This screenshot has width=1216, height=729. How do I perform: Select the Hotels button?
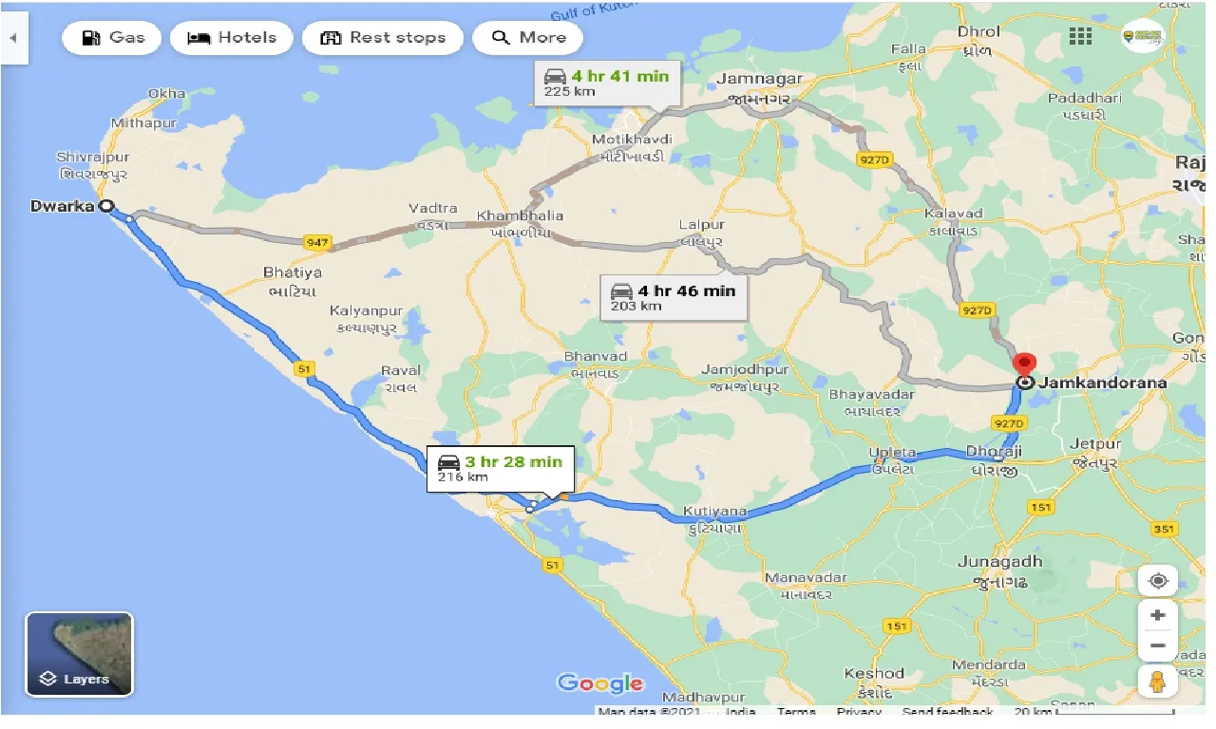[232, 38]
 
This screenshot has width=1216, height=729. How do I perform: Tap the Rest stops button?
[383, 38]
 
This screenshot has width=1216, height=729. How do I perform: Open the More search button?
[527, 38]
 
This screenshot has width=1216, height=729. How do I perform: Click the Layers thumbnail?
[79, 654]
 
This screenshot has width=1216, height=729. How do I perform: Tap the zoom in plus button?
[1157, 615]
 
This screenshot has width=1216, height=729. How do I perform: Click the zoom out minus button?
[1157, 646]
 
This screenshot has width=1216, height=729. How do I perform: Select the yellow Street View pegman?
[1157, 682]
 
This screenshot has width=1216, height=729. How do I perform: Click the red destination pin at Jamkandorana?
[1024, 364]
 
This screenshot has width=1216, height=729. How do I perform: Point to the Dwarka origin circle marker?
[106, 205]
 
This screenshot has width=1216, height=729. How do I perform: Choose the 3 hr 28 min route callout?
[500, 468]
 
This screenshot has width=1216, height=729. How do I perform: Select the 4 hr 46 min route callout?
[674, 296]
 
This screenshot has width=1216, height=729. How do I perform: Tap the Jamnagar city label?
[759, 79]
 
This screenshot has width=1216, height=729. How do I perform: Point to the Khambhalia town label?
[520, 215]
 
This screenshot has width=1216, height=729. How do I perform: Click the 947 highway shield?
[316, 244]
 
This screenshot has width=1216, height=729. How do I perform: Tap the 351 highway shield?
[1164, 529]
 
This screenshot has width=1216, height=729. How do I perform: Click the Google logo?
[600, 683]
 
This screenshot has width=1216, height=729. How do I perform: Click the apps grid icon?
[1080, 36]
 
